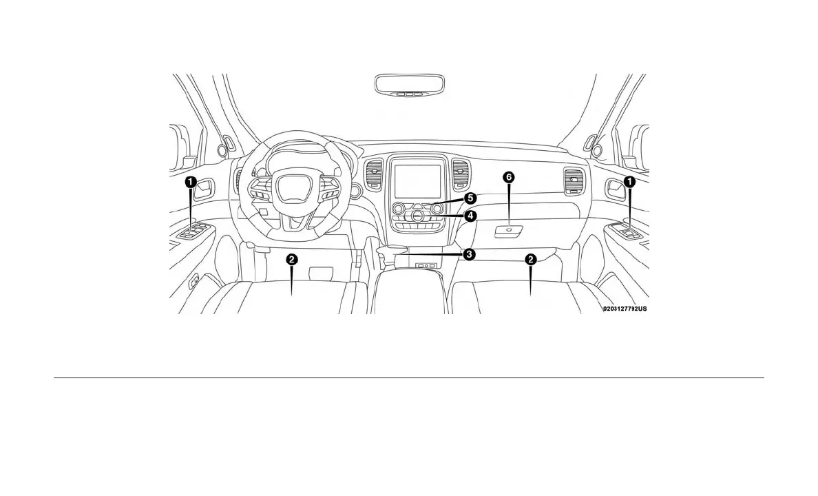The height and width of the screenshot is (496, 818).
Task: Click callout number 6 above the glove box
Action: coord(509,177)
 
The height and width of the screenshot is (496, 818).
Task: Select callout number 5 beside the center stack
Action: coord(470,198)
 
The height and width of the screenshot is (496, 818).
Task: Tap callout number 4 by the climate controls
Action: coord(470,216)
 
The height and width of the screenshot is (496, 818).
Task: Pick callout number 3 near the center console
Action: coord(468,254)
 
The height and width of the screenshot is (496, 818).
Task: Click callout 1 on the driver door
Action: coord(190,182)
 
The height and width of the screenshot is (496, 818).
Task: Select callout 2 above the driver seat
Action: coord(293,259)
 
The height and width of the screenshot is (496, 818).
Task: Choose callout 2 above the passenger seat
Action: coord(531,259)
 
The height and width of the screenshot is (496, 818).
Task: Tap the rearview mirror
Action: coord(410,85)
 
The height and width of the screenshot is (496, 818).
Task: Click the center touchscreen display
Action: coord(417,180)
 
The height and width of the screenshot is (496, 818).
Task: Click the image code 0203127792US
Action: coord(625,309)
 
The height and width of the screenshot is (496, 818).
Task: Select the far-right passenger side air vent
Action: coord(573,180)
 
